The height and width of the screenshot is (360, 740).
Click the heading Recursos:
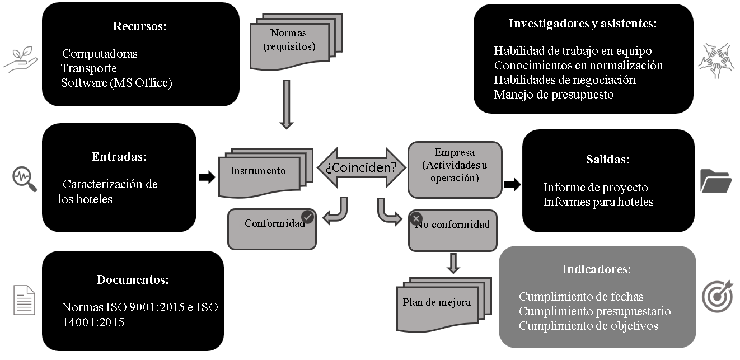tap(140, 26)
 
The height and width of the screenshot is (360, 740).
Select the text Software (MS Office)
tap(116, 83)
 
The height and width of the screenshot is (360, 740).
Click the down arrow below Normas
tap(286, 104)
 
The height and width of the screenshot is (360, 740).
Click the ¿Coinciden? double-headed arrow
tap(362, 167)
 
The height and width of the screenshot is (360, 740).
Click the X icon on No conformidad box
tap(416, 218)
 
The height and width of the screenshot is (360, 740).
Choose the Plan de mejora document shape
tap(437, 303)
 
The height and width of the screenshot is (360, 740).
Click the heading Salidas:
tap(608, 160)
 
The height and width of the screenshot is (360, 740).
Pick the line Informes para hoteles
tap(598, 202)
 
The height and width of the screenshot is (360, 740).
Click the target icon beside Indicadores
tap(717, 297)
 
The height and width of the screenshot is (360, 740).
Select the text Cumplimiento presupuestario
tap(594, 311)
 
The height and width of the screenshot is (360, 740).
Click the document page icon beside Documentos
tap(24, 299)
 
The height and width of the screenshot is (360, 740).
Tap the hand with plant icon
tap(20, 60)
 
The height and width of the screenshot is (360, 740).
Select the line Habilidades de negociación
tap(564, 80)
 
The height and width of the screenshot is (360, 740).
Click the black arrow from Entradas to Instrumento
tap(207, 177)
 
